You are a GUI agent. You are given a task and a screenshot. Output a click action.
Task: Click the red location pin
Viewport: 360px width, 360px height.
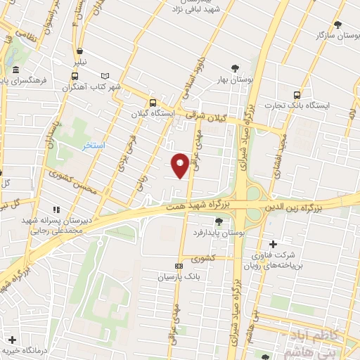[x=180, y=165]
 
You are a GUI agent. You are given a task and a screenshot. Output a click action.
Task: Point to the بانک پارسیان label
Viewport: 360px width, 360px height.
[x=179, y=277]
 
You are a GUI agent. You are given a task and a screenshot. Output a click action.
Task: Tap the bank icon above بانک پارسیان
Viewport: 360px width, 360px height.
[x=179, y=266]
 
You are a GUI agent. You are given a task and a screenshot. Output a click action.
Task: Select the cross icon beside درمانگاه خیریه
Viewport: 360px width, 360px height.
[x=13, y=340]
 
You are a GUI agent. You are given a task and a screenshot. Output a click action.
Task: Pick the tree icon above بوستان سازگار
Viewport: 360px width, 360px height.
[x=337, y=23]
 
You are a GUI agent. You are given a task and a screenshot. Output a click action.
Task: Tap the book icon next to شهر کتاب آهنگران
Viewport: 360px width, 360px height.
[x=106, y=76]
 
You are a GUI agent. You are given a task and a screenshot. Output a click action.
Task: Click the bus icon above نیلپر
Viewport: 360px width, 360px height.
[x=80, y=51]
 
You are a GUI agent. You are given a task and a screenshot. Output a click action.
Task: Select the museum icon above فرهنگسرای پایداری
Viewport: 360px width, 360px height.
[x=15, y=68]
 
